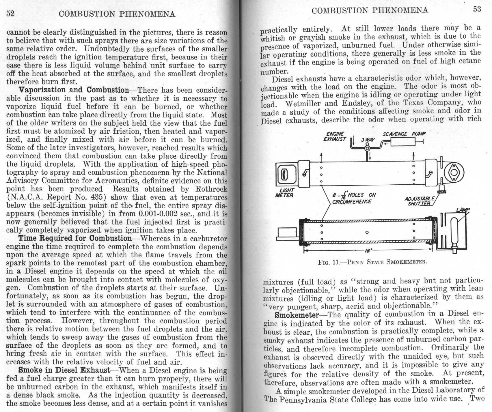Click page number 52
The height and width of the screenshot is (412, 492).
10,14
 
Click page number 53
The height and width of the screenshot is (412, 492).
477,9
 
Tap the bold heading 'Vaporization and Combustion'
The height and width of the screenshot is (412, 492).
74,90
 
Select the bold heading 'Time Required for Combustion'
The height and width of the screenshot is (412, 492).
75,238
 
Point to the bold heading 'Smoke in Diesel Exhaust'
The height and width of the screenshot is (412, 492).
64,370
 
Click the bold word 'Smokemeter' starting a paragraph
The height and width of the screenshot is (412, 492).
297,315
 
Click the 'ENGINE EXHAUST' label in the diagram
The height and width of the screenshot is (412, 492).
335,136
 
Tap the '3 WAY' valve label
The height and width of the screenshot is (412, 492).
368,140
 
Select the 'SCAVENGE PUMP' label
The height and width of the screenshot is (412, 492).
404,134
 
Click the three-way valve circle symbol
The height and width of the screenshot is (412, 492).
367,148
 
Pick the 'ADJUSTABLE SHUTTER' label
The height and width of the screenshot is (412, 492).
419,201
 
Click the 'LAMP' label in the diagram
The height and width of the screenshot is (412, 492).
463,210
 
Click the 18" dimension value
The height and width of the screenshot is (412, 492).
368,250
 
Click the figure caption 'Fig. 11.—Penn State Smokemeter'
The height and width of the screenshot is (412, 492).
372,262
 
